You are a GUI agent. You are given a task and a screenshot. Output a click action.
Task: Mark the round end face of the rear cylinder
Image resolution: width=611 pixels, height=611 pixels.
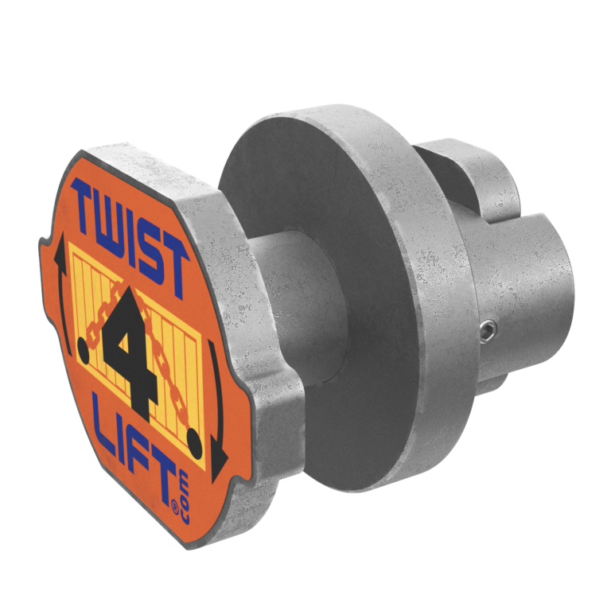(549, 286)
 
